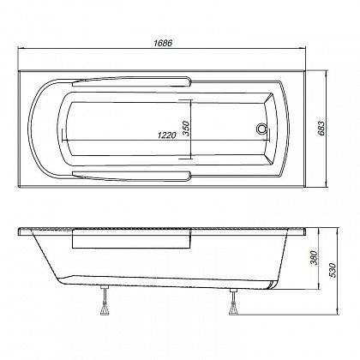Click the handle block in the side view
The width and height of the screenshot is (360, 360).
click(129, 242)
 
